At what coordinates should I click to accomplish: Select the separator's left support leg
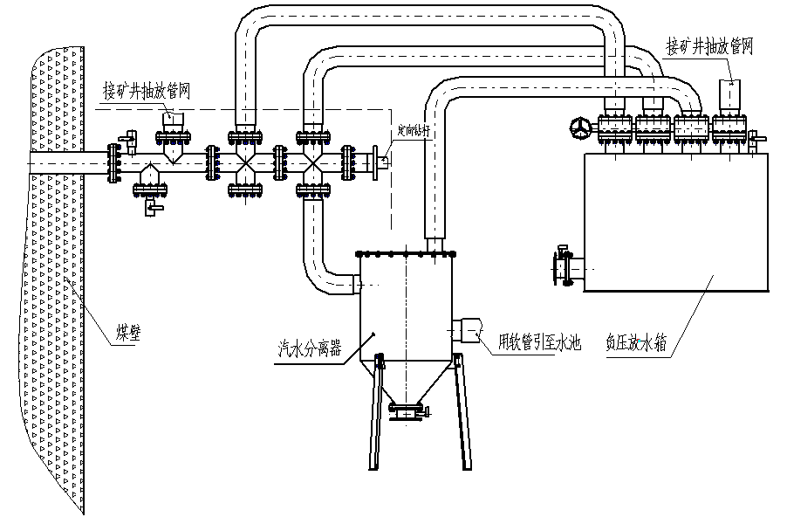click(x=373, y=410)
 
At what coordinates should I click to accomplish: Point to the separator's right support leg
click(x=463, y=410)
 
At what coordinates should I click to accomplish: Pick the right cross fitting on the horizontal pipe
click(x=311, y=162)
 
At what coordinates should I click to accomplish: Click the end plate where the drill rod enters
click(x=375, y=162)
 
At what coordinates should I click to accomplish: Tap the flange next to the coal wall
click(x=111, y=163)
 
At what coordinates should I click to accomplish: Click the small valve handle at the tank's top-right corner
click(x=756, y=141)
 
